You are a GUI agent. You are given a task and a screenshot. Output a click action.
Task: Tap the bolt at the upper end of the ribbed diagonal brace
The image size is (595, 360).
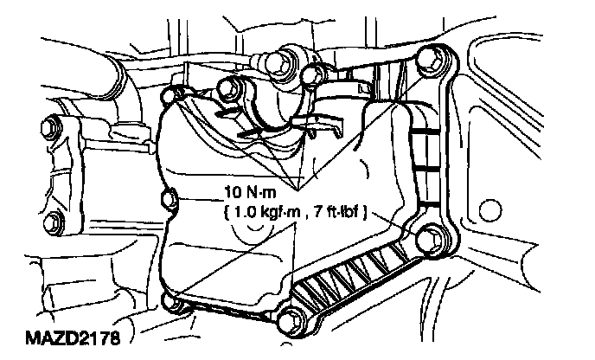pyautogui.click(x=430, y=235)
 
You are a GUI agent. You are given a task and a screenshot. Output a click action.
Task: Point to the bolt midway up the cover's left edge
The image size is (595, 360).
pyautogui.click(x=169, y=202)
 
